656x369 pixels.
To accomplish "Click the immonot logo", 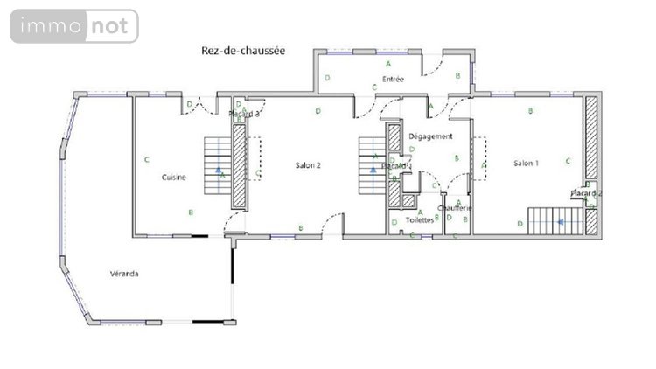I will coord(74,26).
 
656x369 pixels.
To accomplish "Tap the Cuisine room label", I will coord(173,178).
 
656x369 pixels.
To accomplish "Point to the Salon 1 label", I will coord(526,164).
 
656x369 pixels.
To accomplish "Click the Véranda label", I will coord(124,274).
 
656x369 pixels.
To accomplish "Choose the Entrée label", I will coord(393,80).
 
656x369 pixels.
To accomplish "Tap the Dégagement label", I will coord(430,136).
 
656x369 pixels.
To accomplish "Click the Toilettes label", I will coord(420,220).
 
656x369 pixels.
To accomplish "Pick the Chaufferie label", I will coord(455,208).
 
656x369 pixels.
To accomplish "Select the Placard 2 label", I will coord(585,193).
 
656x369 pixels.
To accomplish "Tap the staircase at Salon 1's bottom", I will coord(556,221).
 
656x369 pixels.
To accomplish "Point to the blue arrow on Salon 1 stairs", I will coord(561,222).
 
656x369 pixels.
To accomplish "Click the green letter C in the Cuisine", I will coord(148,159).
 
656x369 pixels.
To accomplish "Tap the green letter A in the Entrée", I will coord(387,65).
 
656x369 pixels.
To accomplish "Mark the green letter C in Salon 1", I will coord(569,161).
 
